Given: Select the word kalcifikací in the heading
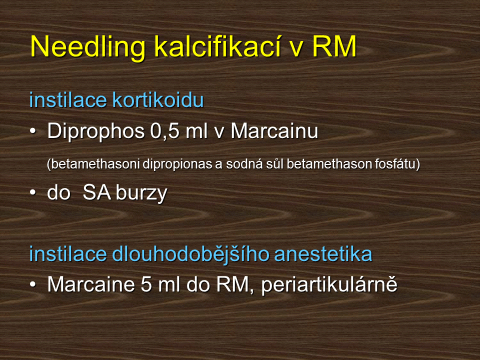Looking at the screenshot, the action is click(217, 46).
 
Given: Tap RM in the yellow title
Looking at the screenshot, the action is click(334, 46).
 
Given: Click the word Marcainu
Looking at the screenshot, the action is click(274, 131).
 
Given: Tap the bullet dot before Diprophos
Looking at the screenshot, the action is click(33, 131).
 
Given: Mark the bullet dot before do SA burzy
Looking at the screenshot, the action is click(33, 192).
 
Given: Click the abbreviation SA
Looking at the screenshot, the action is click(96, 192).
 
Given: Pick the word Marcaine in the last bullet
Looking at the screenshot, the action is click(91, 284).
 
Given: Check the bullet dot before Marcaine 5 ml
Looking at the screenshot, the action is click(33, 284).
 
